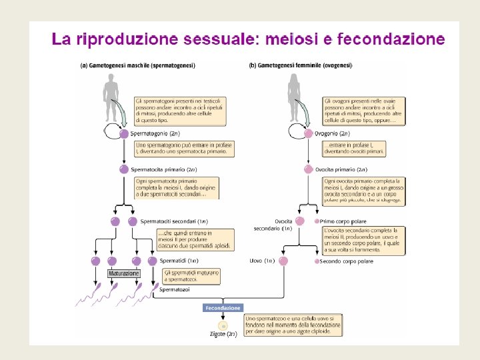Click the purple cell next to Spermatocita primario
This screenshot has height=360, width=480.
tap(124, 169)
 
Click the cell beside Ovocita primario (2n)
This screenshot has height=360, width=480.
tap(309, 169)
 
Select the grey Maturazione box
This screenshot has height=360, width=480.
tap(124, 274)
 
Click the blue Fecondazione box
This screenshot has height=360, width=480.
tap(223, 308)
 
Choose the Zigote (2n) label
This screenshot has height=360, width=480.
tap(223, 333)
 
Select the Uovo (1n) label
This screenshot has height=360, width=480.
tap(259, 261)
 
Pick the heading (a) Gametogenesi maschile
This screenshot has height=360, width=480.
tap(137, 65)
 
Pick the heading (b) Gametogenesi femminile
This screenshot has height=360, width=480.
tap(301, 65)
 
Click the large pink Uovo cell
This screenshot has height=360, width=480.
tap(283, 261)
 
